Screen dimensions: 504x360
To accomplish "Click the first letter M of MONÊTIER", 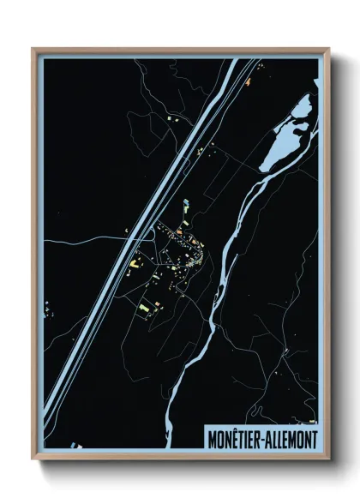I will click(x=212, y=439).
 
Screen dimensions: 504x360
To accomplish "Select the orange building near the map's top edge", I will click(x=248, y=82).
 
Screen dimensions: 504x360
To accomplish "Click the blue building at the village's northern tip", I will click(x=185, y=204).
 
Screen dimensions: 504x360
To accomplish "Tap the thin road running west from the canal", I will click(x=86, y=242).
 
